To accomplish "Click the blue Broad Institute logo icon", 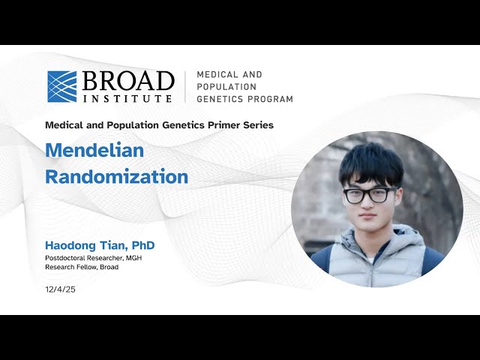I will point(62,86).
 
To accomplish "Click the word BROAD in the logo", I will point(128,80).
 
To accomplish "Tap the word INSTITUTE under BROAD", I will point(128,98).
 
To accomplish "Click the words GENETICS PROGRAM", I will point(244,99).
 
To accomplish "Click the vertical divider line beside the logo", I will point(185,87).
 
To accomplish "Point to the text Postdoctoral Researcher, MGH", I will point(94,258).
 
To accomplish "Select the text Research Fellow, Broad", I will point(82,267).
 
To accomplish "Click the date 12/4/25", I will point(60,289).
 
